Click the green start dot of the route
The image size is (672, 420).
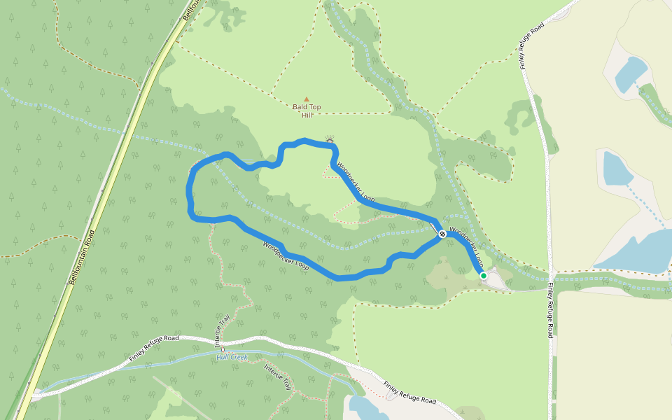tap(483, 276)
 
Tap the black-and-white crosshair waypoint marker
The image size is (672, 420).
tap(442, 234)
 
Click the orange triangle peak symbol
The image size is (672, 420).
tap(306, 99)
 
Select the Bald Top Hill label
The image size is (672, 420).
tap(307, 111)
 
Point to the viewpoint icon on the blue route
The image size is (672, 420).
tap(330, 141)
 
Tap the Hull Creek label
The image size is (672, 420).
tap(232, 357)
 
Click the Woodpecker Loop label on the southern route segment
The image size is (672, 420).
tap(286, 256)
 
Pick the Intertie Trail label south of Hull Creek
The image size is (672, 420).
tap(278, 377)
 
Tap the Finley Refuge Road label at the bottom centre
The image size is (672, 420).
tap(409, 393)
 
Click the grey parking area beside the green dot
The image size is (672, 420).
tap(496, 279)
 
